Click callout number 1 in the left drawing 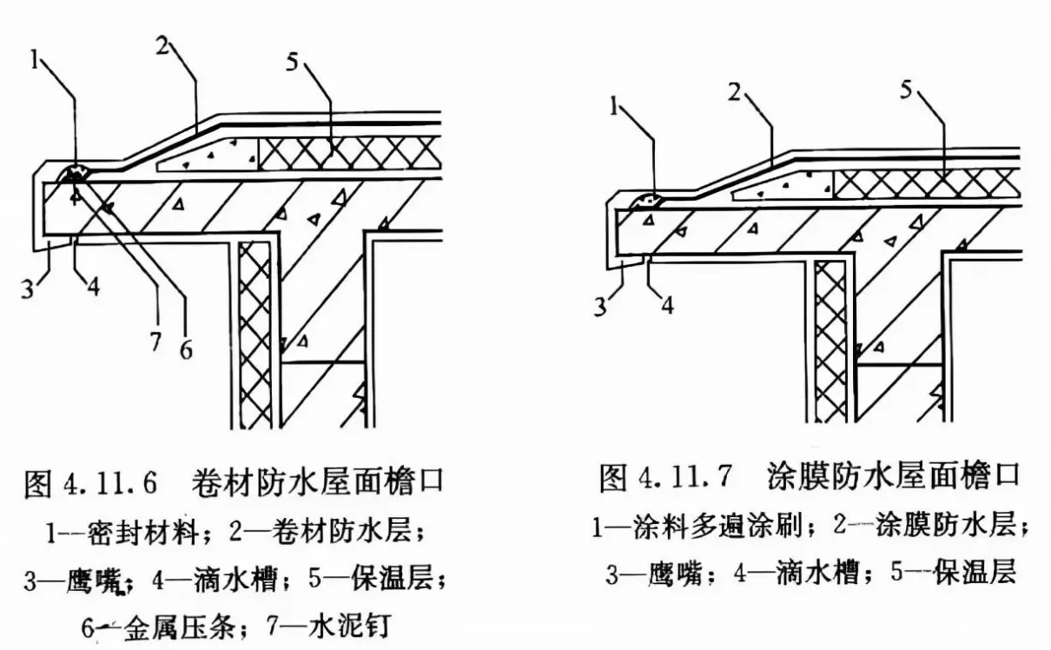pos(34,60)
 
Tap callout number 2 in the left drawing pos(162,45)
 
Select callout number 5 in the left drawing pos(293,62)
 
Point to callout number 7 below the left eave pos(155,342)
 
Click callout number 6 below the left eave pos(186,350)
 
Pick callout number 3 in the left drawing pos(28,289)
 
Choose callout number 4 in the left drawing pos(93,285)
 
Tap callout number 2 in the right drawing pos(735,92)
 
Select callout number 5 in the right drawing pos(906,90)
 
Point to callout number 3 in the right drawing pos(600,308)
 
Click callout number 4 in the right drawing pos(668,305)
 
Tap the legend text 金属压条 pos(179,627)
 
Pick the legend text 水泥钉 pos(349,625)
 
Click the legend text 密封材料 pos(142,534)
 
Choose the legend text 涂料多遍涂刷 pos(717,526)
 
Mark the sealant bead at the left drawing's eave pos(73,174)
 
